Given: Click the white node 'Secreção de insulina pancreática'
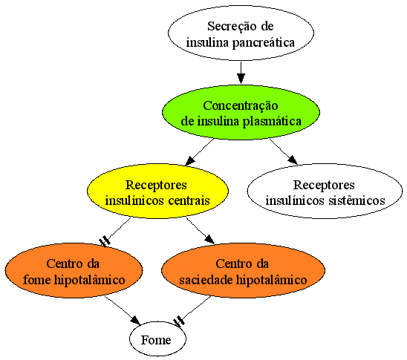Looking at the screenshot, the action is tap(241, 33).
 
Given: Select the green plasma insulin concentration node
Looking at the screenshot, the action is tap(241, 113).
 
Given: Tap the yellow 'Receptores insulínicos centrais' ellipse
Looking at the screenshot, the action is tap(157, 191).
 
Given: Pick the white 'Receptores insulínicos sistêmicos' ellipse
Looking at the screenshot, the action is tap(325, 191).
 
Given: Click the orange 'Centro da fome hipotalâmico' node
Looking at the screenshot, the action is tap(74, 270).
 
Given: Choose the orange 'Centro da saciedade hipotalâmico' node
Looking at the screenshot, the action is tap(243, 270).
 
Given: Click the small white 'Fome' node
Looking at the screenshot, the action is tap(157, 339).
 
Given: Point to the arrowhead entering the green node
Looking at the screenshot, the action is tap(241, 79).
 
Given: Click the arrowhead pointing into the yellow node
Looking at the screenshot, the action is tap(190, 160).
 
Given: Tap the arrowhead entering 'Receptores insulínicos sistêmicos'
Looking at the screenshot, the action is tap(293, 160).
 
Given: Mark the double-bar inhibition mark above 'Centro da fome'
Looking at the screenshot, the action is tap(105, 241).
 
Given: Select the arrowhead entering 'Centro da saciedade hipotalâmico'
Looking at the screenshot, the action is tap(209, 239).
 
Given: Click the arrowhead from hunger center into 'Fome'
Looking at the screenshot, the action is tap(135, 320).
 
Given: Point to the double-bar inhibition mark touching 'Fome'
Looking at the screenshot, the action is tap(179, 321).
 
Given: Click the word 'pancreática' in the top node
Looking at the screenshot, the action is tap(264, 43).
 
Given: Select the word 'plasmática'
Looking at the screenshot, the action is tap(272, 122).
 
